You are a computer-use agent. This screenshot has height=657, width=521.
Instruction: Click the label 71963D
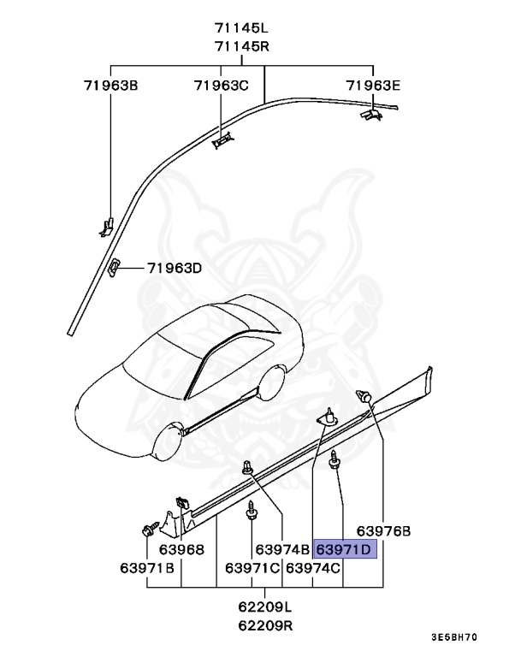coord(174,269)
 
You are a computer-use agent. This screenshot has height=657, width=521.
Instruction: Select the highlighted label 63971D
coord(345,549)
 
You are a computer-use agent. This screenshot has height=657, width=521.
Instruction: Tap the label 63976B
coord(384,531)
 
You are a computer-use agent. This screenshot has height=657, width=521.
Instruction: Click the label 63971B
coord(147,568)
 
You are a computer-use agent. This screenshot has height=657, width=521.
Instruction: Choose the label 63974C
coord(313,568)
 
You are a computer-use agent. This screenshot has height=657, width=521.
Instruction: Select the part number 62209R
coord(264,625)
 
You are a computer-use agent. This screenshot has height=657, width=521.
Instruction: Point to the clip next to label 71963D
coord(113,267)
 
